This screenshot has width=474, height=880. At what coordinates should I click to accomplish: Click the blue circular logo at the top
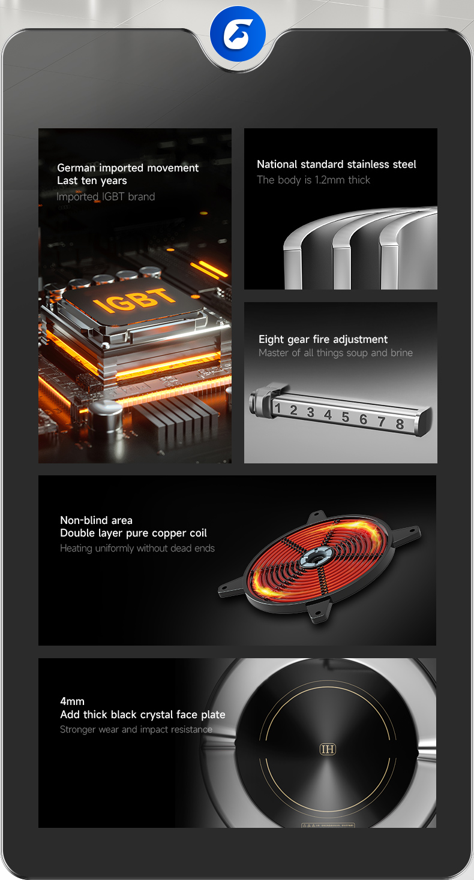tap(238, 34)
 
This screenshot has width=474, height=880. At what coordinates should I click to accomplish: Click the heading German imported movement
tap(128, 168)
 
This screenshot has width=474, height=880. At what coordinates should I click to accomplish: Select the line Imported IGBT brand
tap(106, 197)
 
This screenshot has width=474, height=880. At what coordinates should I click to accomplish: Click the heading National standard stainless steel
tap(337, 164)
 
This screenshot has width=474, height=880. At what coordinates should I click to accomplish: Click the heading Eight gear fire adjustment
tap(323, 339)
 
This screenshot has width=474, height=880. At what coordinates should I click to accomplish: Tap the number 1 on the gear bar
tap(278, 408)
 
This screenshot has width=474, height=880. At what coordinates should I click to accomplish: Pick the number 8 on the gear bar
tap(400, 424)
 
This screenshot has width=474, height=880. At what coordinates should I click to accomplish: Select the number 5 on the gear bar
tap(346, 417)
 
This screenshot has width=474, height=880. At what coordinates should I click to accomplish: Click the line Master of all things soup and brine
tap(335, 353)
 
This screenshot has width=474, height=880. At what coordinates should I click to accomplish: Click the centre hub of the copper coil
tap(314, 557)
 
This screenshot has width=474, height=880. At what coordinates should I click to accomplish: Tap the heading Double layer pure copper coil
tap(133, 533)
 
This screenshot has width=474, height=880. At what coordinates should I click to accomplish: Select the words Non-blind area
tap(97, 520)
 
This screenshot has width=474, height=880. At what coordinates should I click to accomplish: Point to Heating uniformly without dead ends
tap(137, 548)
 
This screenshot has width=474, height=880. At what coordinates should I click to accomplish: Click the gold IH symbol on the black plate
tap(328, 749)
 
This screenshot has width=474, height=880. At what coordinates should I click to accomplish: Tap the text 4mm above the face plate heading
tap(73, 701)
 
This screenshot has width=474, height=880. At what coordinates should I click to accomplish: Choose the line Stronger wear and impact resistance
tap(136, 730)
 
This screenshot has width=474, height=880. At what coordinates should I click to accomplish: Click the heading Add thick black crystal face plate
tap(143, 715)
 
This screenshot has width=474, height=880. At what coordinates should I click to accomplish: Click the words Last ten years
tap(92, 180)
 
